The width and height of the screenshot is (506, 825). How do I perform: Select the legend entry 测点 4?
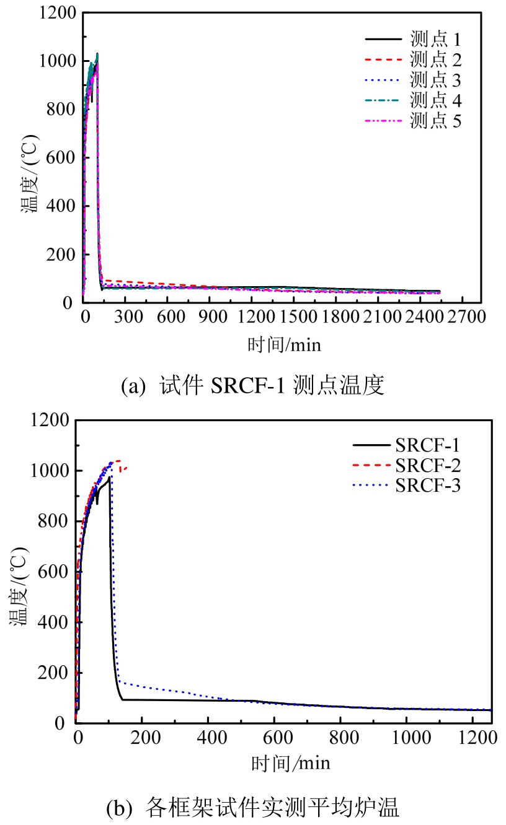point(435,100)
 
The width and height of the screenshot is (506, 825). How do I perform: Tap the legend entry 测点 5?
point(435,120)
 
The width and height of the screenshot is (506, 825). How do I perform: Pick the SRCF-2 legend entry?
point(427,465)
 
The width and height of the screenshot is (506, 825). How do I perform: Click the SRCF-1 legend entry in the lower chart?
point(427,445)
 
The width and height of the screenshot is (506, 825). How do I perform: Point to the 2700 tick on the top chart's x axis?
point(465,316)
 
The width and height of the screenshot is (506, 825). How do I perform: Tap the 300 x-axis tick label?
point(125,316)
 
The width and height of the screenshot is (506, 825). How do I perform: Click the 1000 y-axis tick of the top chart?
point(60,61)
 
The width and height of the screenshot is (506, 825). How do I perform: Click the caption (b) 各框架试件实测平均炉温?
point(253,807)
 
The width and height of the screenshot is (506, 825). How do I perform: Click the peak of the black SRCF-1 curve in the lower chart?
point(109,477)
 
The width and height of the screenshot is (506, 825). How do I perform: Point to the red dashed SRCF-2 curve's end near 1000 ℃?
point(126,468)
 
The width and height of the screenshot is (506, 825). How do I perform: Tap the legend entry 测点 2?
point(435,60)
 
